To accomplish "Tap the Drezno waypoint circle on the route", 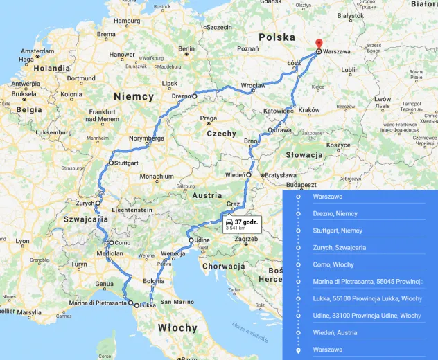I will point(195,96).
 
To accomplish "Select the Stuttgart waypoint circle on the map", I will point(111,163).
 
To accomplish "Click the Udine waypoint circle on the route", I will point(191,240).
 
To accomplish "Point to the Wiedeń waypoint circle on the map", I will point(248,175).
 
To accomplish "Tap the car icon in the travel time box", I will point(229,222).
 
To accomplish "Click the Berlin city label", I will point(186,49).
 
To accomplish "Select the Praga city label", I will point(208,118).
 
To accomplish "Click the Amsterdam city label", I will point(37,51).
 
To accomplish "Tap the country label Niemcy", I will point(133,97).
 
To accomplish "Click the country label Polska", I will point(277,36).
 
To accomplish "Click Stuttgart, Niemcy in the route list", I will point(338,231).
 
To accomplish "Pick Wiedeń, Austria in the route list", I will point(335,332).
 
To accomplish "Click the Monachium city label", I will point(156,177).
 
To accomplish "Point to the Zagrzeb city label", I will point(246,240).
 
